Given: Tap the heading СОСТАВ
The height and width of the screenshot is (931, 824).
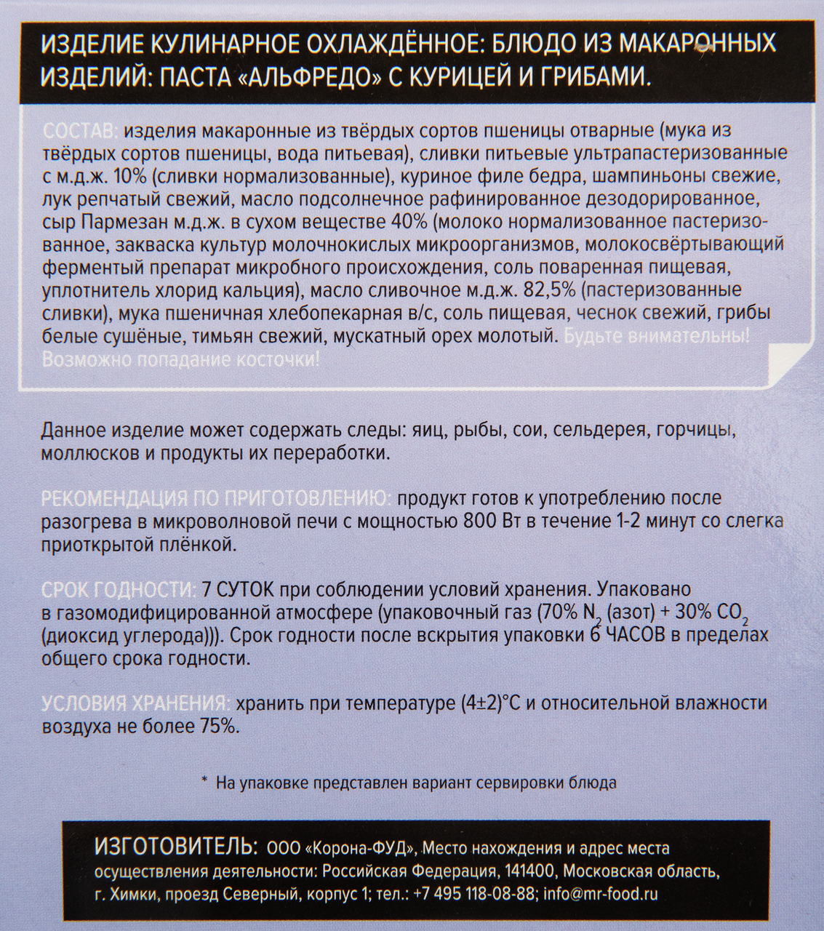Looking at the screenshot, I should pyautogui.click(x=78, y=132).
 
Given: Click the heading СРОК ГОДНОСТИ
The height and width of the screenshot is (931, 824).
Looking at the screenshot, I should pyautogui.click(x=118, y=589).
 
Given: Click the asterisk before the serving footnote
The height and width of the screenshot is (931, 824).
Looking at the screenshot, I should pyautogui.click(x=204, y=782).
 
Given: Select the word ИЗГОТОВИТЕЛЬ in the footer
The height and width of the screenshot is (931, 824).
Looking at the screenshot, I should pyautogui.click(x=175, y=847).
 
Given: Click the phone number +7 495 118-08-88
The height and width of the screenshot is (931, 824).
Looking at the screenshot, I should pyautogui.click(x=474, y=894).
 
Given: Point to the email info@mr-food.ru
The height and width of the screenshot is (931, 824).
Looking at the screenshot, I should pyautogui.click(x=601, y=894).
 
